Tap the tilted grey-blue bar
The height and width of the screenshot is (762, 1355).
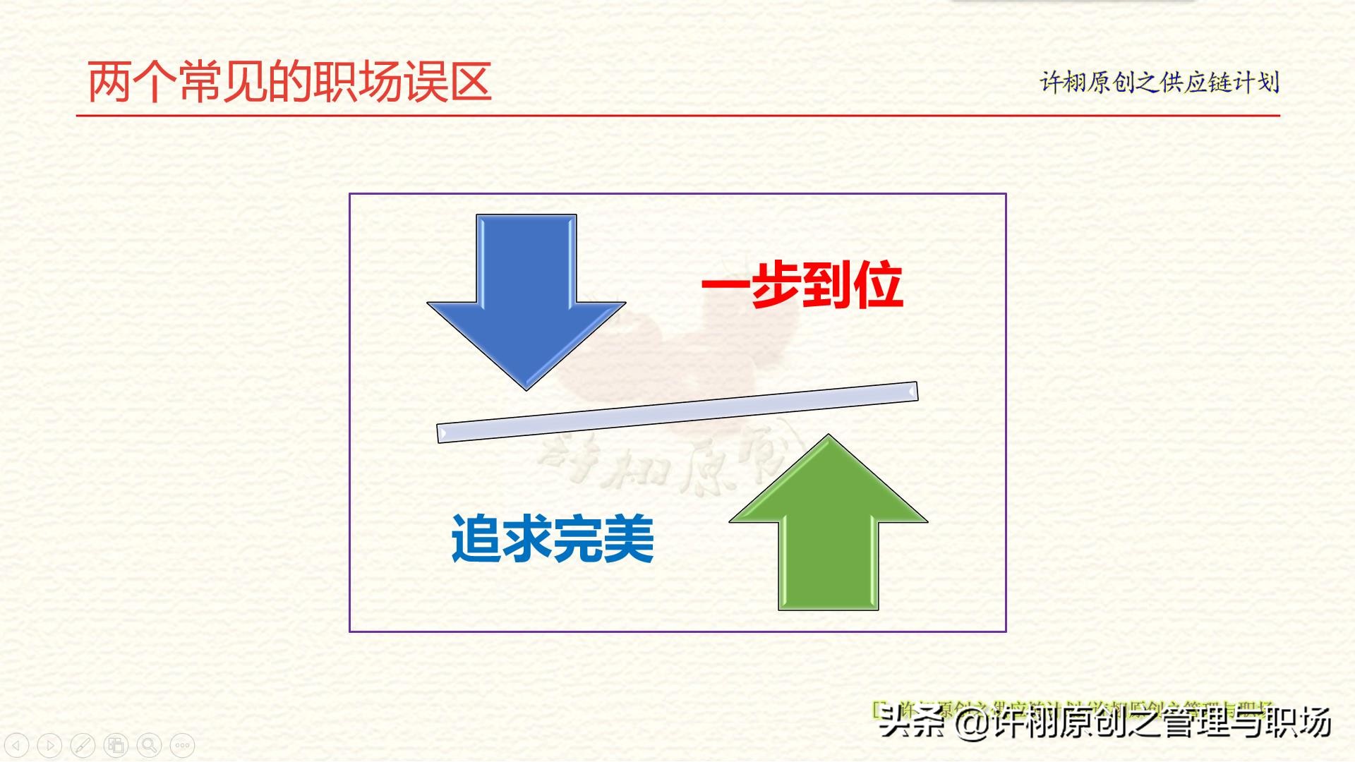click(x=677, y=413)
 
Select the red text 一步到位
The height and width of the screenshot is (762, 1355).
click(x=802, y=285)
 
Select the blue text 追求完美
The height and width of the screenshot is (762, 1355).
click(x=553, y=539)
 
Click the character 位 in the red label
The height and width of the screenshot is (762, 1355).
click(x=879, y=285)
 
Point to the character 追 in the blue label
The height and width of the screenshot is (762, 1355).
click(x=476, y=539)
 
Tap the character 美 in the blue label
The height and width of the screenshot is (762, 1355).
click(x=630, y=539)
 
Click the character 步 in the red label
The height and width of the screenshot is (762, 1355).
click(x=777, y=285)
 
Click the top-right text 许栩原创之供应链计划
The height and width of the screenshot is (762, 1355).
click(x=1160, y=83)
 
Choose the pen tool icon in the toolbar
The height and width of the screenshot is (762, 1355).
click(x=83, y=745)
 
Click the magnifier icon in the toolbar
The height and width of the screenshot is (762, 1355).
click(x=149, y=745)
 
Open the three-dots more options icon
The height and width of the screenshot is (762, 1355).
click(x=182, y=745)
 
